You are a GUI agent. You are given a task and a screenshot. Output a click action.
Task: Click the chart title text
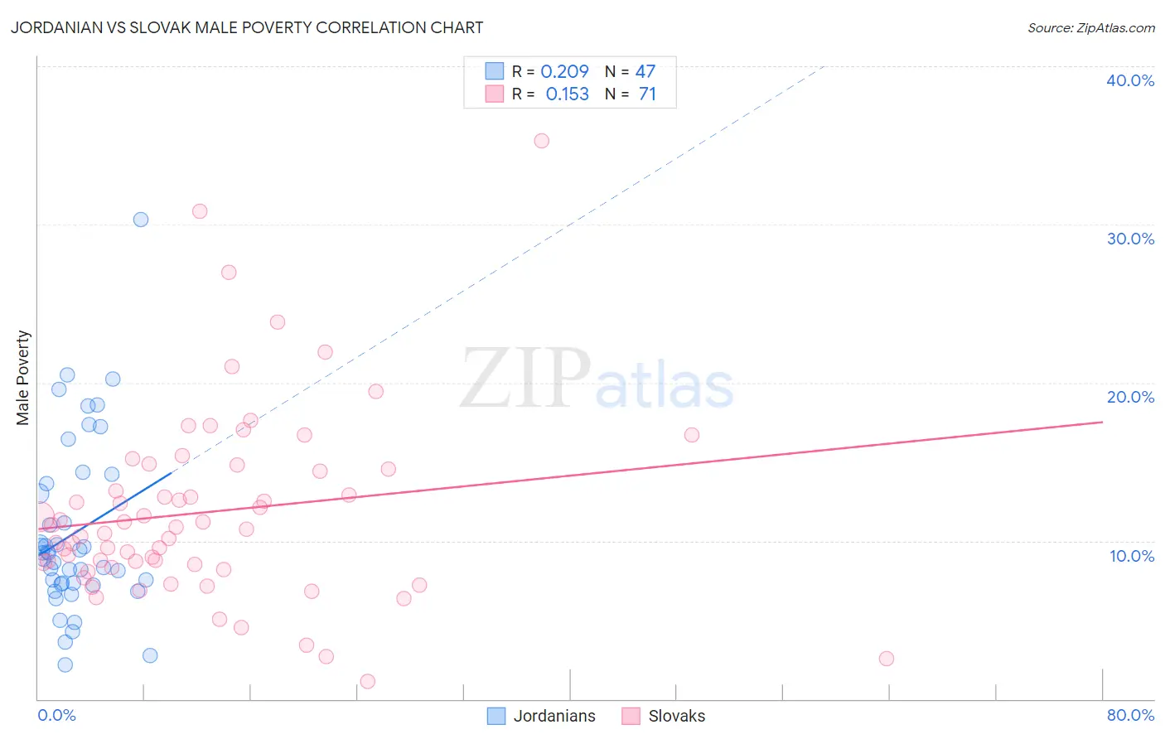point(247,27)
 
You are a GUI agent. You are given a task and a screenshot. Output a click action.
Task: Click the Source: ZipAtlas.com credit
point(1090,28)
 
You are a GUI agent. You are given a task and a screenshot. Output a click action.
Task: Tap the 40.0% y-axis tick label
point(1130,80)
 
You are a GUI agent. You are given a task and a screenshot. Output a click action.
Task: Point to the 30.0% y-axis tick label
point(1130,239)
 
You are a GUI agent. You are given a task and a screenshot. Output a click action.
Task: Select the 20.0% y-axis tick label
point(1130,397)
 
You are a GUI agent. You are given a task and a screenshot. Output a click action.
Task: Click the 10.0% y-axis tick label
point(1131,556)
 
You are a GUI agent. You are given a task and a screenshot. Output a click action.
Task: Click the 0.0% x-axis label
point(56,715)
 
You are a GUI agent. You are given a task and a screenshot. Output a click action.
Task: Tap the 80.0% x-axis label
point(1130,715)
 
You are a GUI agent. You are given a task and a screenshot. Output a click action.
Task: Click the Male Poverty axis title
point(23,378)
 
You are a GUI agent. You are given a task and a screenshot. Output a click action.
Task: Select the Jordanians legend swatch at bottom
point(496,716)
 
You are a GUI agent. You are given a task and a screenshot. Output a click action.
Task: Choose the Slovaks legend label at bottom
point(676,716)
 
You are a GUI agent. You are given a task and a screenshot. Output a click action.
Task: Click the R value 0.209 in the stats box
point(564,72)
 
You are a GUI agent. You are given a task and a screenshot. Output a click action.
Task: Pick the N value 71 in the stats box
point(647,94)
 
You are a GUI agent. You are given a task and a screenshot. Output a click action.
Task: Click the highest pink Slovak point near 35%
point(541,141)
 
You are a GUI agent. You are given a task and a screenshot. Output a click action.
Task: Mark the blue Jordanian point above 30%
point(141,220)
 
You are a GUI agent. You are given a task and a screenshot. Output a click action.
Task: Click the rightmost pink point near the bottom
point(887,659)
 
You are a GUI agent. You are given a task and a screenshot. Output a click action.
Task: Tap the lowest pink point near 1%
point(368,681)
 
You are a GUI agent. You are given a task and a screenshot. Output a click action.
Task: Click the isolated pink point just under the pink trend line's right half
point(692,435)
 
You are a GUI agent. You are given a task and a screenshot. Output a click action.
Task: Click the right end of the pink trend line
point(1102,422)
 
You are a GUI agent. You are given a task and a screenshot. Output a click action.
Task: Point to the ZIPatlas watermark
point(597,379)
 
